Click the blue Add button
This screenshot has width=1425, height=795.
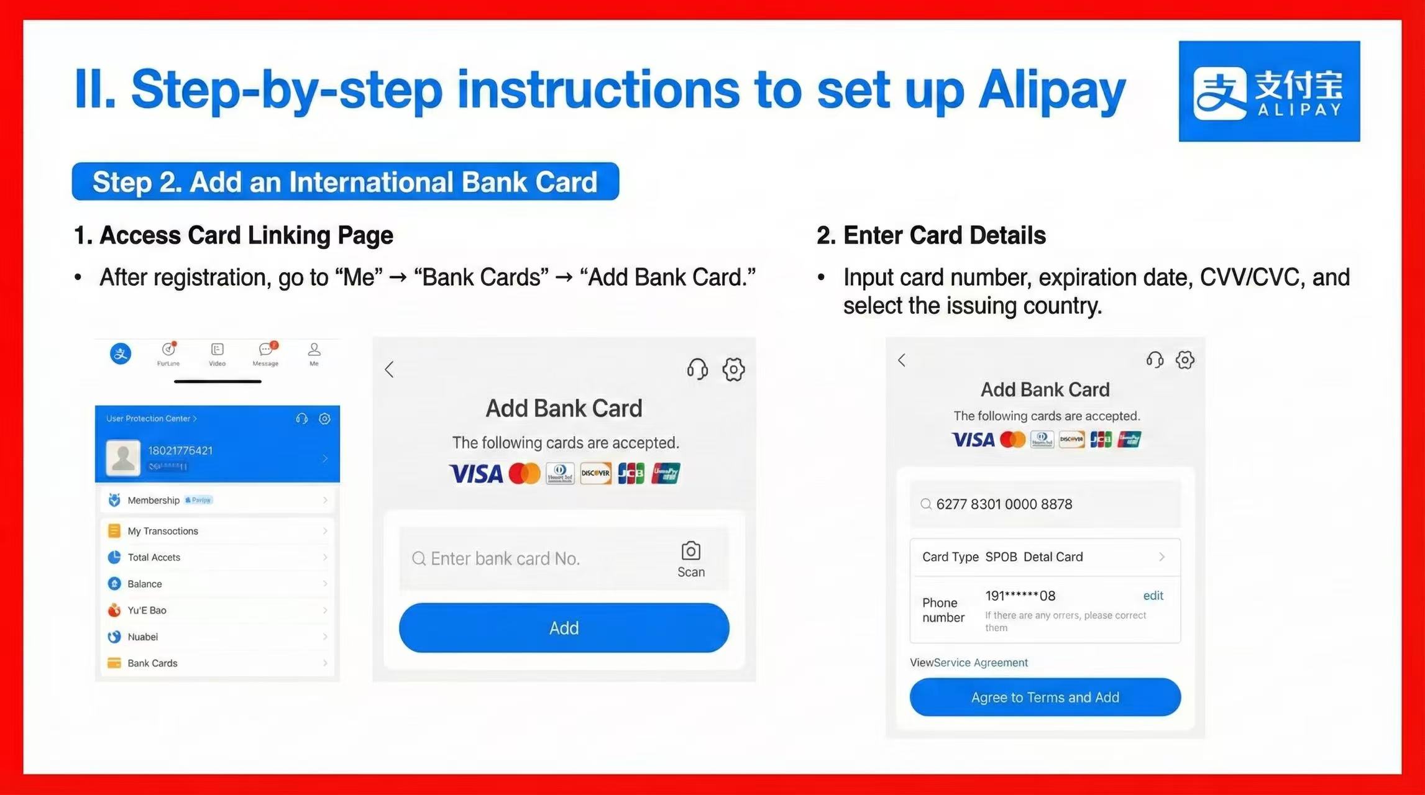point(564,628)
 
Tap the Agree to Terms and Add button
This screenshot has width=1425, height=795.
point(1045,697)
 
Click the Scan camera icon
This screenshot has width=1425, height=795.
point(690,552)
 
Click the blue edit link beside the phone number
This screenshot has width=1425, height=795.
point(1153,596)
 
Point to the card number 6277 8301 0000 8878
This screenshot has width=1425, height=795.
point(1004,504)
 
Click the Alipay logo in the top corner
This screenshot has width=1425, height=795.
point(1268,91)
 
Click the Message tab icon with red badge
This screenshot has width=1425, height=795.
point(266,350)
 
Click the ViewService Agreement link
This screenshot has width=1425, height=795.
point(969,663)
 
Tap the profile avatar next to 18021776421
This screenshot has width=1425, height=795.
point(123,458)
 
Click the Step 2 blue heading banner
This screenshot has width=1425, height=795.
point(345,182)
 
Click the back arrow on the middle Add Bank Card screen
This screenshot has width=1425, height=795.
point(390,370)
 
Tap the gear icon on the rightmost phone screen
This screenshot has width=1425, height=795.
point(1184,360)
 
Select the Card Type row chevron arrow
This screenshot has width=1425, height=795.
point(1161,557)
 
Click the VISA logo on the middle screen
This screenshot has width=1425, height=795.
point(475,474)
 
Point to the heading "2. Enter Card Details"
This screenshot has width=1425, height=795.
point(931,236)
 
